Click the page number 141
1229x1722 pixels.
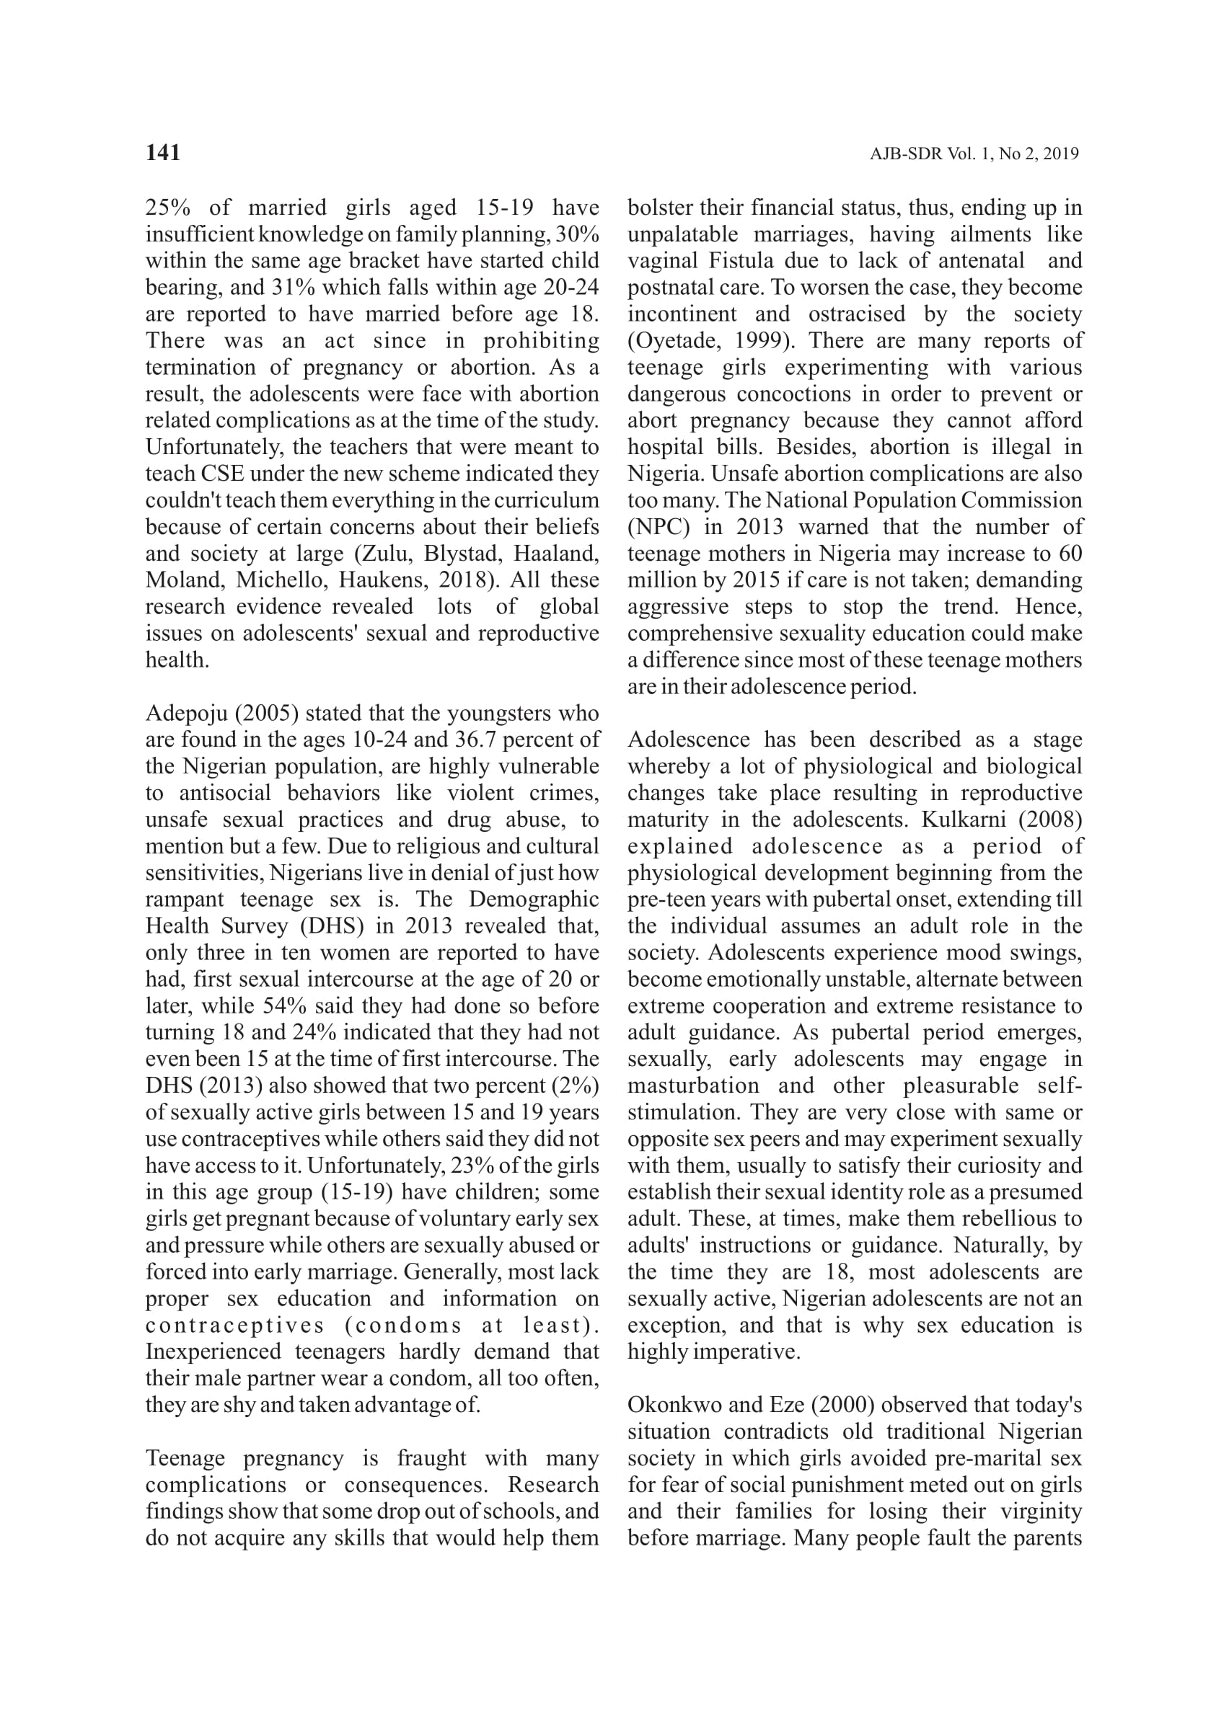coord(163,153)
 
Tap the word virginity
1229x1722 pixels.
coord(1041,1511)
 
